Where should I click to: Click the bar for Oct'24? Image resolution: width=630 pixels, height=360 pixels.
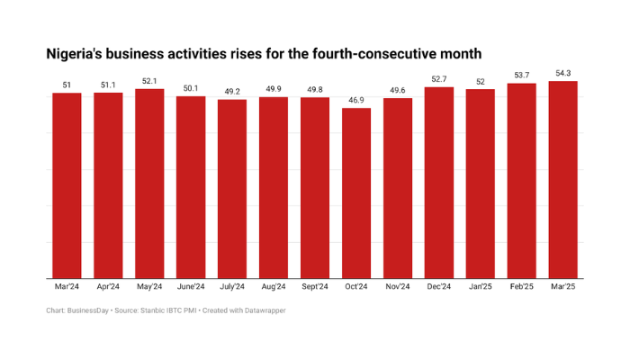click(x=356, y=193)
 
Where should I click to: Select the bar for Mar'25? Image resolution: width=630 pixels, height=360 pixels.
click(x=563, y=179)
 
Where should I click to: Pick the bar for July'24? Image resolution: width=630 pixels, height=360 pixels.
click(x=232, y=188)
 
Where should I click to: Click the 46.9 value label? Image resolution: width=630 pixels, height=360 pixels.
click(x=356, y=100)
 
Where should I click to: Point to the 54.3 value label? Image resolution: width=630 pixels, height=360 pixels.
click(x=563, y=73)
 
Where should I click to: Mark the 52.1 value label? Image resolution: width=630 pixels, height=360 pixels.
click(x=149, y=81)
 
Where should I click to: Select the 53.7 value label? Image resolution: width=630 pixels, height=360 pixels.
click(x=522, y=76)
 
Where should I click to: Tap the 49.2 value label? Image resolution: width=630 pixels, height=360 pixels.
click(x=232, y=92)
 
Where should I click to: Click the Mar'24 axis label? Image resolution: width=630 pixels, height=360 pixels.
click(x=67, y=287)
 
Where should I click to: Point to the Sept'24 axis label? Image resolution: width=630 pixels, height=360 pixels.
click(x=315, y=287)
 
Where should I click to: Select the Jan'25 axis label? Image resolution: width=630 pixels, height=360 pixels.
click(x=481, y=287)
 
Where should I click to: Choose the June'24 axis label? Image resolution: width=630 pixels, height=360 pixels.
click(x=191, y=287)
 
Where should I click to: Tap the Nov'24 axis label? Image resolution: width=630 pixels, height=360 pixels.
click(x=398, y=287)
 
